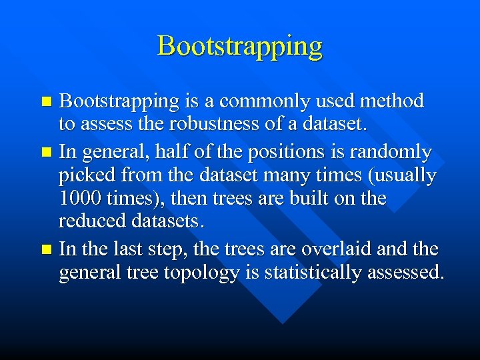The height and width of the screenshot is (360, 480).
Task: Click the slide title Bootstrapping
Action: click(x=240, y=47)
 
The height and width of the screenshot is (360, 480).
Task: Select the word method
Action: click(x=391, y=101)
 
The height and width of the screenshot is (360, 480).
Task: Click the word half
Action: click(x=171, y=153)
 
